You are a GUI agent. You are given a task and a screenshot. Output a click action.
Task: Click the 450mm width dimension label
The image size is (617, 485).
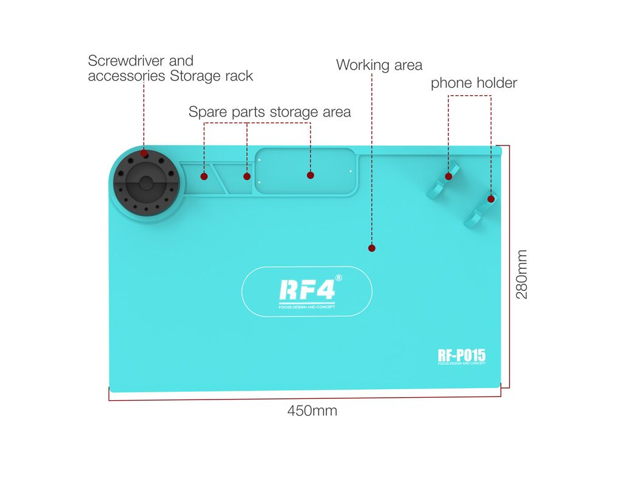click(x=312, y=410)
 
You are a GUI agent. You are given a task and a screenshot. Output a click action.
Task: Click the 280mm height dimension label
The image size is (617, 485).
click(x=521, y=274)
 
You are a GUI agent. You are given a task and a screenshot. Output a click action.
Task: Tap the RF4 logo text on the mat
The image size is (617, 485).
click(x=307, y=290)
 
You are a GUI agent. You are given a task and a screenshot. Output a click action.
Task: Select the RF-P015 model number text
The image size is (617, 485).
click(x=462, y=355)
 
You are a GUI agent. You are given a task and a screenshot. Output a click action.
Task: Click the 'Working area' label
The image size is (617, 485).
click(x=379, y=65)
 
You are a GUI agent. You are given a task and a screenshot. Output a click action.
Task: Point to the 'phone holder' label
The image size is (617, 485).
click(x=474, y=83)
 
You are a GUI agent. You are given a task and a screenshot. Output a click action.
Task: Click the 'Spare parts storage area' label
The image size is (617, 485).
click(x=269, y=112)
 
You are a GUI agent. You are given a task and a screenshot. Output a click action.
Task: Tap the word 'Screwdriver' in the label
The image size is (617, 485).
click(x=126, y=61)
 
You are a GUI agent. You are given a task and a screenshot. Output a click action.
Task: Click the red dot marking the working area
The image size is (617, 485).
click(x=372, y=248)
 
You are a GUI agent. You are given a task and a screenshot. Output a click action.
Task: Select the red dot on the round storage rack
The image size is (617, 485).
click(x=144, y=153)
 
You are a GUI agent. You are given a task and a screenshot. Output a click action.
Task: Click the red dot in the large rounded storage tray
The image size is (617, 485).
click(x=311, y=175)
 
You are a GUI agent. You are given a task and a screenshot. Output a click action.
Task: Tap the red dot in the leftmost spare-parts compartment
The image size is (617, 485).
click(x=204, y=176)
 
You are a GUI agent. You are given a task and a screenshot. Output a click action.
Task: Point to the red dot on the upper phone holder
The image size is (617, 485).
click(x=448, y=176)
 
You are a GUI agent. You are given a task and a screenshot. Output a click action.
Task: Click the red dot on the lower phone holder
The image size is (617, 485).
click(x=491, y=199)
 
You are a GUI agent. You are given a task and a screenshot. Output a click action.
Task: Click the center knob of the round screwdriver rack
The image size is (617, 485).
click(x=146, y=183)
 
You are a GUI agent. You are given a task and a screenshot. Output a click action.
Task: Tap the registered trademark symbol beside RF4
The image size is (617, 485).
click(x=339, y=278)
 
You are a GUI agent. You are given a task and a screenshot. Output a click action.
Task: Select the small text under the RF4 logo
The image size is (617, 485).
click(x=307, y=307)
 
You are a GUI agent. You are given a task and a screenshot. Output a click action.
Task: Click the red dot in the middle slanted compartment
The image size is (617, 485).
click(x=247, y=176)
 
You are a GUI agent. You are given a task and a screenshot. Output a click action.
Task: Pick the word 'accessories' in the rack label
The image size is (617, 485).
click(x=126, y=76)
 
